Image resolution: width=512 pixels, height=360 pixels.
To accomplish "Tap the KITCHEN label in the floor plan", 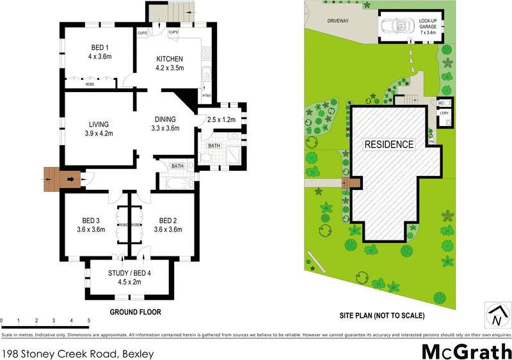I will pyautogui.click(x=170, y=59).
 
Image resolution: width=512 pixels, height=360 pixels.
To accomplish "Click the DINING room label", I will pyautogui.click(x=165, y=119).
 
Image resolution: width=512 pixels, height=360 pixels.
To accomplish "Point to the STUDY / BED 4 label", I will pyautogui.click(x=130, y=274).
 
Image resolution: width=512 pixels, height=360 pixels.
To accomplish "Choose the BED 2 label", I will pyautogui.click(x=167, y=221).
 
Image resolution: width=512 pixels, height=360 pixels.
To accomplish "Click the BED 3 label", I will pyautogui.click(x=90, y=221).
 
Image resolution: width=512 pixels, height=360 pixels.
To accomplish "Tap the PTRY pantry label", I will pyautogui.click(x=206, y=97).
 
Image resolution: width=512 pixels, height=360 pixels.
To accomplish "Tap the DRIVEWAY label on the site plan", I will pyautogui.click(x=338, y=20).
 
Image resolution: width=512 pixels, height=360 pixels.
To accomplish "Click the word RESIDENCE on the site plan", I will pyautogui.click(x=389, y=144).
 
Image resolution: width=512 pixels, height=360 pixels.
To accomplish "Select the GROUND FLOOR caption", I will pyautogui.click(x=135, y=312).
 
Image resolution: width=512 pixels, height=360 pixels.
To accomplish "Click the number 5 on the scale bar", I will pyautogui.click(x=88, y=320).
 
